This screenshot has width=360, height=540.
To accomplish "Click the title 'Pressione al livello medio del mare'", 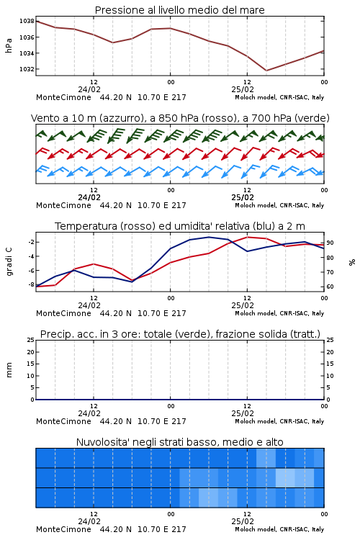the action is point(179,10).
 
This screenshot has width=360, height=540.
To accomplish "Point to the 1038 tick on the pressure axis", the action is point(27,22).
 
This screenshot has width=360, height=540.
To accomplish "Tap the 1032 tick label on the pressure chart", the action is point(27,69).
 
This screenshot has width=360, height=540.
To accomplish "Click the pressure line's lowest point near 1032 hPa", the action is point(266,71).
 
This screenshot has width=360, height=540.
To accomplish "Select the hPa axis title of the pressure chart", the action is point(9,45).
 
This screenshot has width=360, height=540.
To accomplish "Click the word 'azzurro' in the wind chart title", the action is point(121,118).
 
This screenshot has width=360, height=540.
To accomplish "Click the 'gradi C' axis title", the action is point(9,262).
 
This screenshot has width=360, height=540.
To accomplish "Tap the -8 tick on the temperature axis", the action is point(31,285).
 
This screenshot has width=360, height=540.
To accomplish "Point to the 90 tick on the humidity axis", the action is point(330,243).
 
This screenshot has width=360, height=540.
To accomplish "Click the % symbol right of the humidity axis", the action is point(352,262).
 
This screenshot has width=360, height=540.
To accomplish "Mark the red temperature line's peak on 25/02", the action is point(248,237).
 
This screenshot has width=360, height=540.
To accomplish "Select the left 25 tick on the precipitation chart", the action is point(31,340).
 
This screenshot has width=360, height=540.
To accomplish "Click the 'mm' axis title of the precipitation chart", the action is point(9,370).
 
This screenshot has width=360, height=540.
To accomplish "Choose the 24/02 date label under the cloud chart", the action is point(89,521).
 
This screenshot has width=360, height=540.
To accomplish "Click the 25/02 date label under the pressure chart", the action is point(243,89).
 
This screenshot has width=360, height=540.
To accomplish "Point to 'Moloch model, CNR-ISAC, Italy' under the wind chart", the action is point(279,205).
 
